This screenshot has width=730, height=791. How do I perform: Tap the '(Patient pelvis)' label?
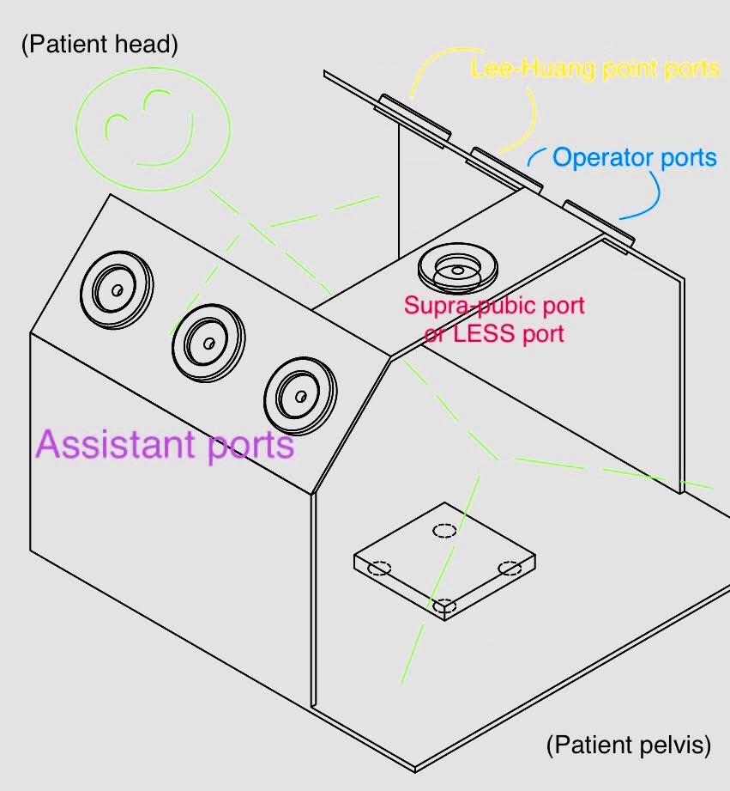click(629, 745)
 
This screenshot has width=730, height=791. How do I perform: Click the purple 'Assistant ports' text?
click(165, 445)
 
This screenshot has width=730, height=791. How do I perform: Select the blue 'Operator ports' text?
click(634, 158)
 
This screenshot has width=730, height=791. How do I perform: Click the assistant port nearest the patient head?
click(117, 289)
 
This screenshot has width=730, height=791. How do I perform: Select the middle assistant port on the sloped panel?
click(208, 342)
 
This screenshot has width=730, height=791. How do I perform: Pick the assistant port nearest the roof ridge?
click(301, 395)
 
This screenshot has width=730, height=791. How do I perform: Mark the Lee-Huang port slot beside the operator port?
click(507, 169)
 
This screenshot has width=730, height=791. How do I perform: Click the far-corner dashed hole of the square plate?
click(443, 530)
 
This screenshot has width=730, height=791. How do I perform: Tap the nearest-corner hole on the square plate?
click(443, 607)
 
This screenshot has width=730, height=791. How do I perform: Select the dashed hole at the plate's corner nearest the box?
click(379, 569)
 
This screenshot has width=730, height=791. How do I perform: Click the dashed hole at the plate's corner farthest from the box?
click(510, 568)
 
